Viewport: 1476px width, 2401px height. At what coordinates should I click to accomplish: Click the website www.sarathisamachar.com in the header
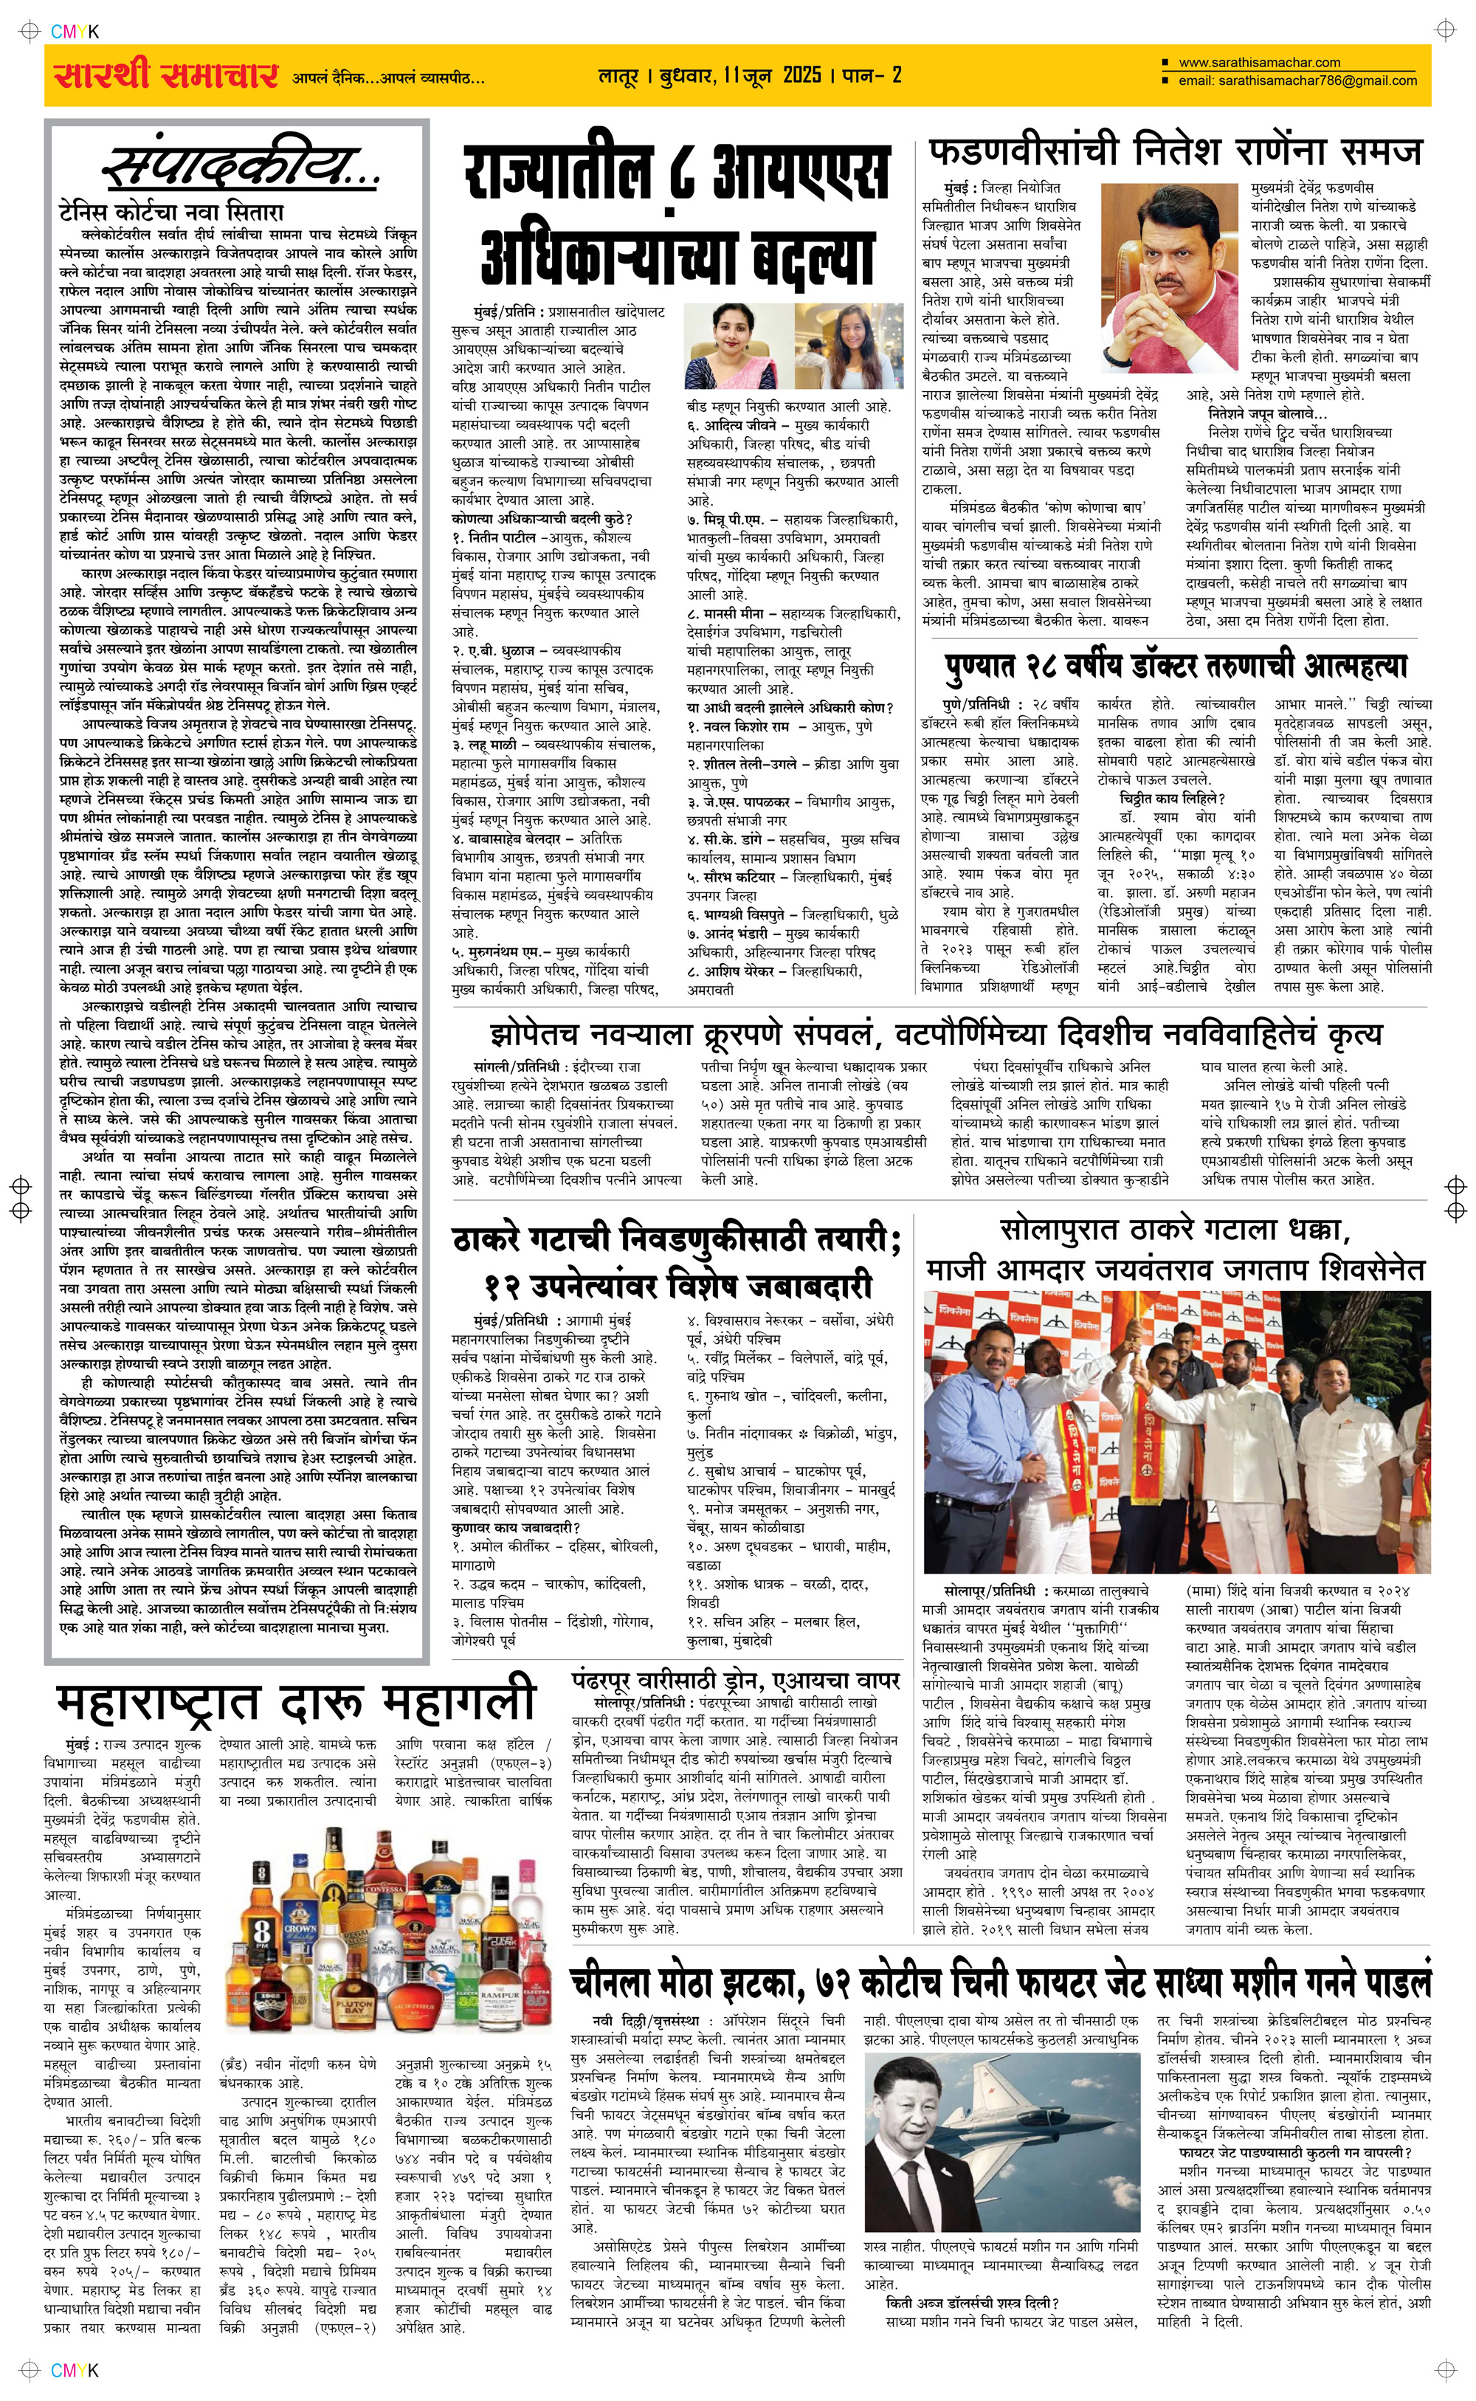click(x=1258, y=63)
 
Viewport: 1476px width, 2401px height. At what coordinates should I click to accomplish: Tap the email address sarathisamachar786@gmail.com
click(x=1297, y=81)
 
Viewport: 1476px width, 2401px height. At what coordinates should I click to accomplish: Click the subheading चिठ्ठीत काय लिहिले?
click(x=1158, y=799)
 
